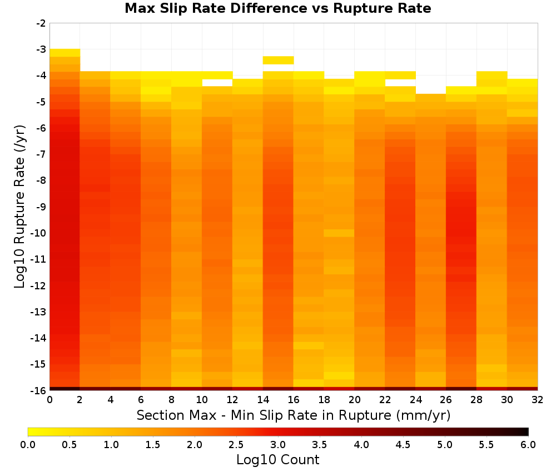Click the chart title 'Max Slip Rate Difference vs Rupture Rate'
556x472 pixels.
point(278,8)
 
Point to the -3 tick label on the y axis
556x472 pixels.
point(41,49)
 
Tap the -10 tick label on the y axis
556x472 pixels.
point(38,233)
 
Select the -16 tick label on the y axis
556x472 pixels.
point(38,390)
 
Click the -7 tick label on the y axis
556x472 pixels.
point(41,154)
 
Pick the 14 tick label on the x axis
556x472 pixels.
point(263,400)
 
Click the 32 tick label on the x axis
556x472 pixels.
point(537,400)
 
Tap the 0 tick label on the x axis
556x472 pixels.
point(49,400)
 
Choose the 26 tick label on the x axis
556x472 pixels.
point(446,400)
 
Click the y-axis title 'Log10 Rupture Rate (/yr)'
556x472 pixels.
point(20,207)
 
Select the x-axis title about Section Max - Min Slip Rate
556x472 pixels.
point(294,415)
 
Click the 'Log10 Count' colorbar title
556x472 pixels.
point(278,460)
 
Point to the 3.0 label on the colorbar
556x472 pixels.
point(278,445)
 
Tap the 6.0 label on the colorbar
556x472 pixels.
point(528,445)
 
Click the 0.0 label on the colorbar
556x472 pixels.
point(28,445)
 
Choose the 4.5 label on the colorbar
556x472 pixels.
point(403,445)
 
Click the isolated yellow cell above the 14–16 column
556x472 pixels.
point(278,60)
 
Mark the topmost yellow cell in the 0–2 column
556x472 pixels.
point(64,53)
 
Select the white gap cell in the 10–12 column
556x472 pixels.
point(217,83)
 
